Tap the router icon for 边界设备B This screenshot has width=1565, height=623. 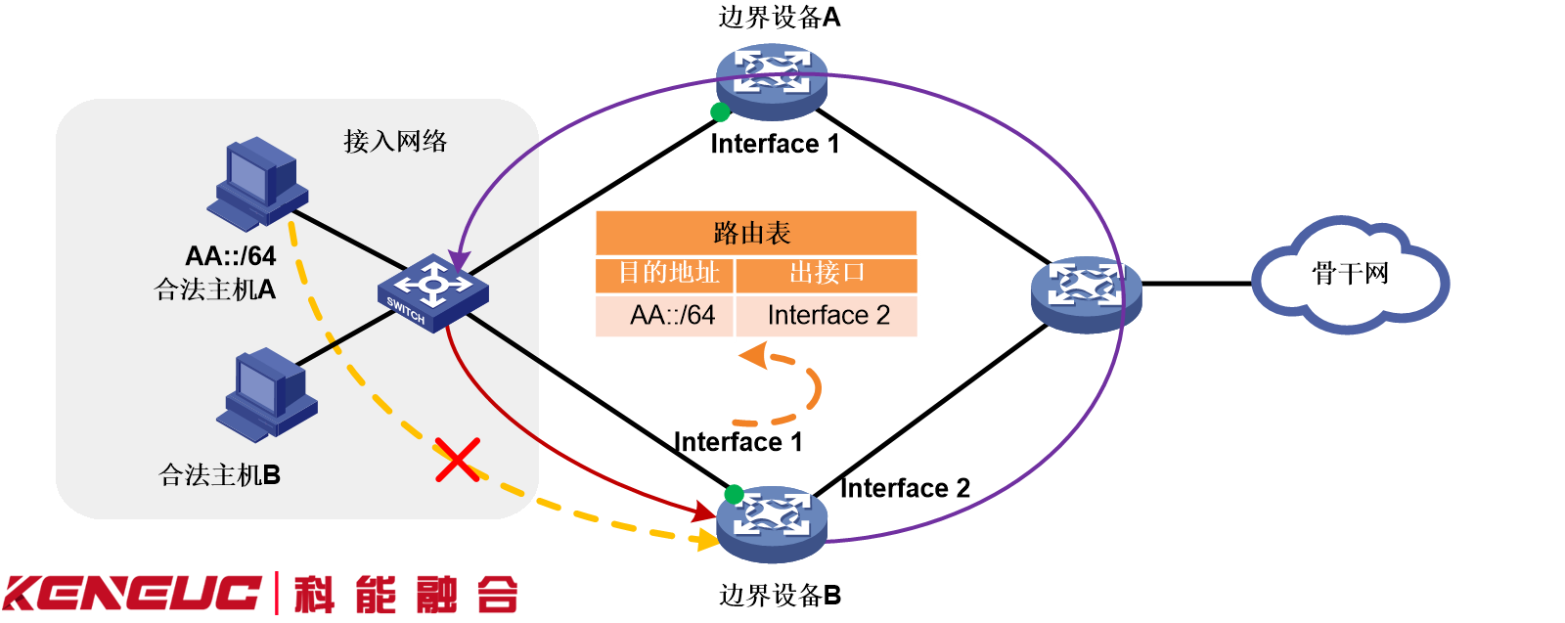[x=772, y=522]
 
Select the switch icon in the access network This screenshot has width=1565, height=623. [x=432, y=291]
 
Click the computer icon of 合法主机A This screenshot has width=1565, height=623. [x=257, y=182]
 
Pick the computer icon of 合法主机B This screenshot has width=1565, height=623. [x=266, y=394]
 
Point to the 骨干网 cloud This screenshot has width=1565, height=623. [x=1350, y=275]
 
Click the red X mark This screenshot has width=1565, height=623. [x=457, y=460]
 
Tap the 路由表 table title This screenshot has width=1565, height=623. [x=755, y=233]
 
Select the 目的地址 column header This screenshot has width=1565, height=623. [x=667, y=273]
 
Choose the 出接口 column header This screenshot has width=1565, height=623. [x=827, y=273]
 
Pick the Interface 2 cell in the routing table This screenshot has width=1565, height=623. [x=827, y=315]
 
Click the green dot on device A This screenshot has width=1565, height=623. [x=720, y=111]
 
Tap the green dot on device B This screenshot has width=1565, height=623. [x=734, y=494]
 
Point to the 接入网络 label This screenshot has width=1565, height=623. [x=395, y=142]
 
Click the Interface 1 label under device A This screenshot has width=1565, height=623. [x=774, y=144]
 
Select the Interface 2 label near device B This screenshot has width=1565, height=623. [x=905, y=488]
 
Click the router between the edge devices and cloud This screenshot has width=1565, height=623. [x=1086, y=291]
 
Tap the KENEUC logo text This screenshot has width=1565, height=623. [x=132, y=594]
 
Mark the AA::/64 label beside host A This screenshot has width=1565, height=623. [x=231, y=256]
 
